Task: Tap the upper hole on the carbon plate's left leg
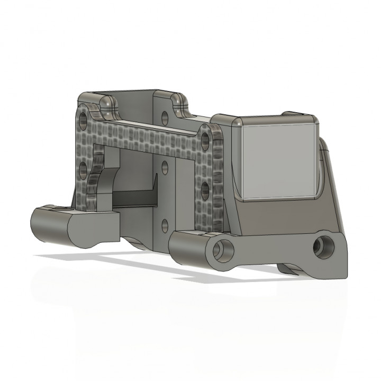[x=83, y=120]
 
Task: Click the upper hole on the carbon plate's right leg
[x=205, y=139]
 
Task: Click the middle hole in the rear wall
[x=165, y=168]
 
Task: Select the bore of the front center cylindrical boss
[x=224, y=249]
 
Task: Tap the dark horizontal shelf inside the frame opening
[x=132, y=198]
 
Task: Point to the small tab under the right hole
[x=291, y=269]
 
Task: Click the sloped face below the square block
[x=286, y=217]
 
